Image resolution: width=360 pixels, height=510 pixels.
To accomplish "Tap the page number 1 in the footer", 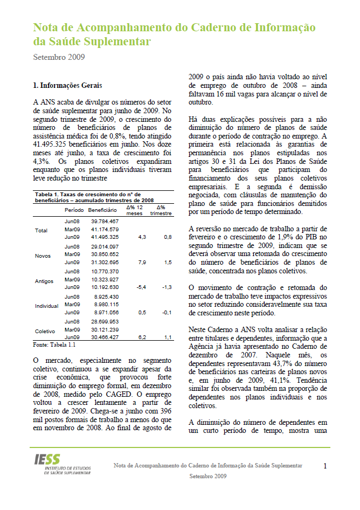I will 326,466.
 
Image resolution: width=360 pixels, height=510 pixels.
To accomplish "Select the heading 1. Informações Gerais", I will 67,85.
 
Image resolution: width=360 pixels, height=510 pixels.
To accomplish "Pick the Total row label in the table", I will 41,230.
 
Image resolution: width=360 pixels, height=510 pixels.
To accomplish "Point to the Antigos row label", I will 44,280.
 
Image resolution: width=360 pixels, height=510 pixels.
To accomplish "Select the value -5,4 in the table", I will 142,287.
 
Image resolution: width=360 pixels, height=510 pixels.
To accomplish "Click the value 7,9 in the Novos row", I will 143,262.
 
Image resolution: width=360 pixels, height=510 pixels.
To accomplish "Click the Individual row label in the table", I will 47,306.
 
